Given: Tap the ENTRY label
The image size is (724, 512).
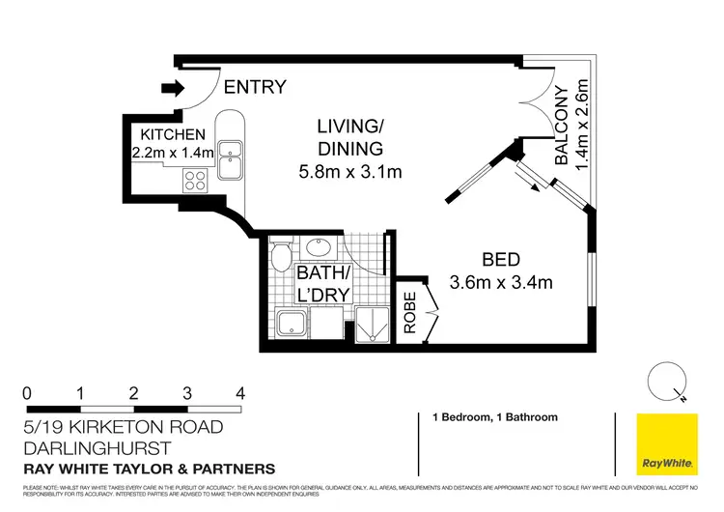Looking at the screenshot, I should (255, 88).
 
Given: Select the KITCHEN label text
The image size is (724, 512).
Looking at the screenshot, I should (174, 134).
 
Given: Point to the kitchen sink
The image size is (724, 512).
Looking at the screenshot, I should (231, 159).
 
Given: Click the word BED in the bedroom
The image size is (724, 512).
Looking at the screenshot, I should (501, 259).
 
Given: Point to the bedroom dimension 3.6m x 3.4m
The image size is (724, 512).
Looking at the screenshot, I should (501, 283).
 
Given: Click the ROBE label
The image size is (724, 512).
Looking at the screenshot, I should (409, 312).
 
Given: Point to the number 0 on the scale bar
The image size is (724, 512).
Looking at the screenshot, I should (27, 393).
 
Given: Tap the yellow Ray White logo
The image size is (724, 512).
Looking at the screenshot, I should (666, 444).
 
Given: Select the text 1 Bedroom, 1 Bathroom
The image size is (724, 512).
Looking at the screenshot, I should (487, 418).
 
